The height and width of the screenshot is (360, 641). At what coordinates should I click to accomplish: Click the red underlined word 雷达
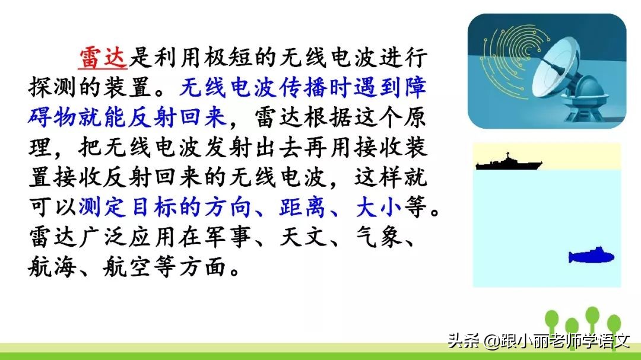click(x=103, y=58)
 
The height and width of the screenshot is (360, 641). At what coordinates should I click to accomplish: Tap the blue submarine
click(x=591, y=256)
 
